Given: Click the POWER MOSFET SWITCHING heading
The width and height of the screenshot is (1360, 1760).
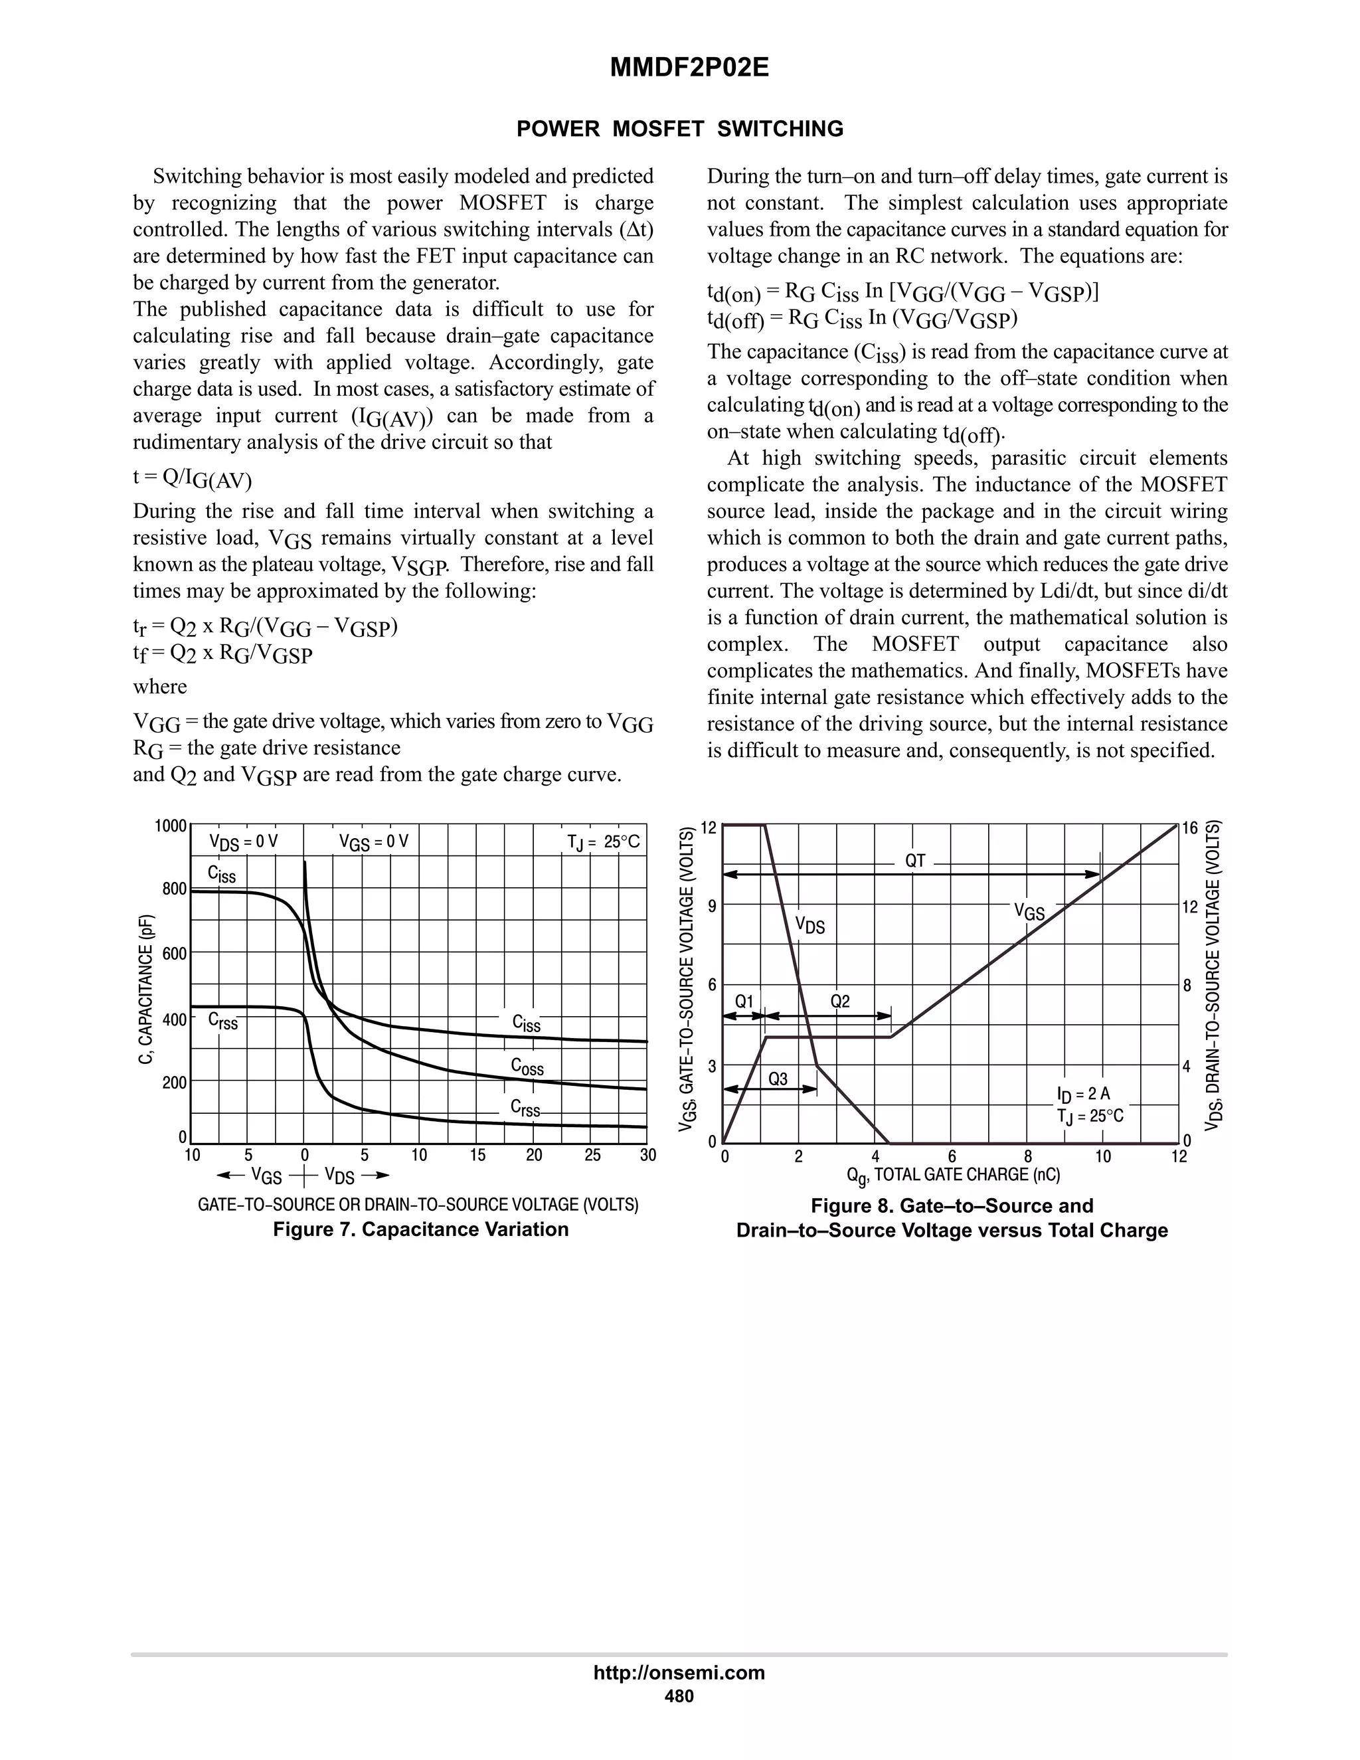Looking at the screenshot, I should click(x=679, y=129).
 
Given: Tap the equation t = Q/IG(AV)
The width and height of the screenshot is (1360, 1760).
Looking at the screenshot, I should click(x=193, y=479).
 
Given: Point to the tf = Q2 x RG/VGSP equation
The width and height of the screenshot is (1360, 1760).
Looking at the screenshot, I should click(x=222, y=654).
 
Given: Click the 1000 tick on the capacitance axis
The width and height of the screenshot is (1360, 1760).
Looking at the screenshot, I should click(x=171, y=826).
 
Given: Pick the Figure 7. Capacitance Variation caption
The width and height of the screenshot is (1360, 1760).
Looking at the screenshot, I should click(x=420, y=1229).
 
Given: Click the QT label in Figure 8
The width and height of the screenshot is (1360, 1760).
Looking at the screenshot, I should click(x=914, y=861).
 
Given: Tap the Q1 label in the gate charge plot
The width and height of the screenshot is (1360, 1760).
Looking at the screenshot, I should click(x=744, y=1002).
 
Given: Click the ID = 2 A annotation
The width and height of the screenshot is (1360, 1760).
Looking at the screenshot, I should click(x=1083, y=1094).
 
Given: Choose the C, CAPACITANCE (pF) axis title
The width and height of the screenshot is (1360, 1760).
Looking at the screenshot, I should click(x=146, y=989).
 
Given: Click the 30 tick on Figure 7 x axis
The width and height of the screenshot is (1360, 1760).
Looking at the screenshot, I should click(x=647, y=1156).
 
